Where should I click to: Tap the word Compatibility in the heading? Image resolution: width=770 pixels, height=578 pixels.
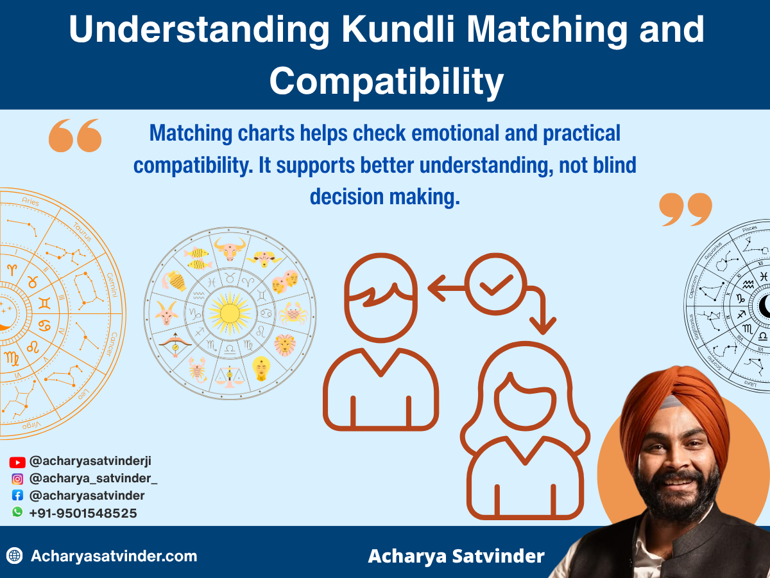click(386, 82)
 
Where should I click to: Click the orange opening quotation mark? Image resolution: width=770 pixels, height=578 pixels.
click(75, 136)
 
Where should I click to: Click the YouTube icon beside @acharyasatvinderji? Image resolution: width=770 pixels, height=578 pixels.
click(17, 462)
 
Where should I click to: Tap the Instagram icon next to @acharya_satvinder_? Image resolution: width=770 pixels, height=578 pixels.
click(17, 478)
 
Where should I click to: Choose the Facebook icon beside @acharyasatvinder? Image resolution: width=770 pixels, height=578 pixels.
click(17, 496)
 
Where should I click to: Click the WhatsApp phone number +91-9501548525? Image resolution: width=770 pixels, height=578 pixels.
click(83, 513)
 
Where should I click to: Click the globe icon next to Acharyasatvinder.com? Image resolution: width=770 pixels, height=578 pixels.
click(15, 556)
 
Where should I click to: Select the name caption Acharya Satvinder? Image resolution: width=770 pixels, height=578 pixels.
click(456, 556)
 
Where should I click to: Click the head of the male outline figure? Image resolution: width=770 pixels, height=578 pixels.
click(381, 289)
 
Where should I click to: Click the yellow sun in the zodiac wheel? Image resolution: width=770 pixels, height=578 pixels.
click(229, 312)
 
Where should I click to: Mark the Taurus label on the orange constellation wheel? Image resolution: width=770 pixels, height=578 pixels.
click(81, 232)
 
